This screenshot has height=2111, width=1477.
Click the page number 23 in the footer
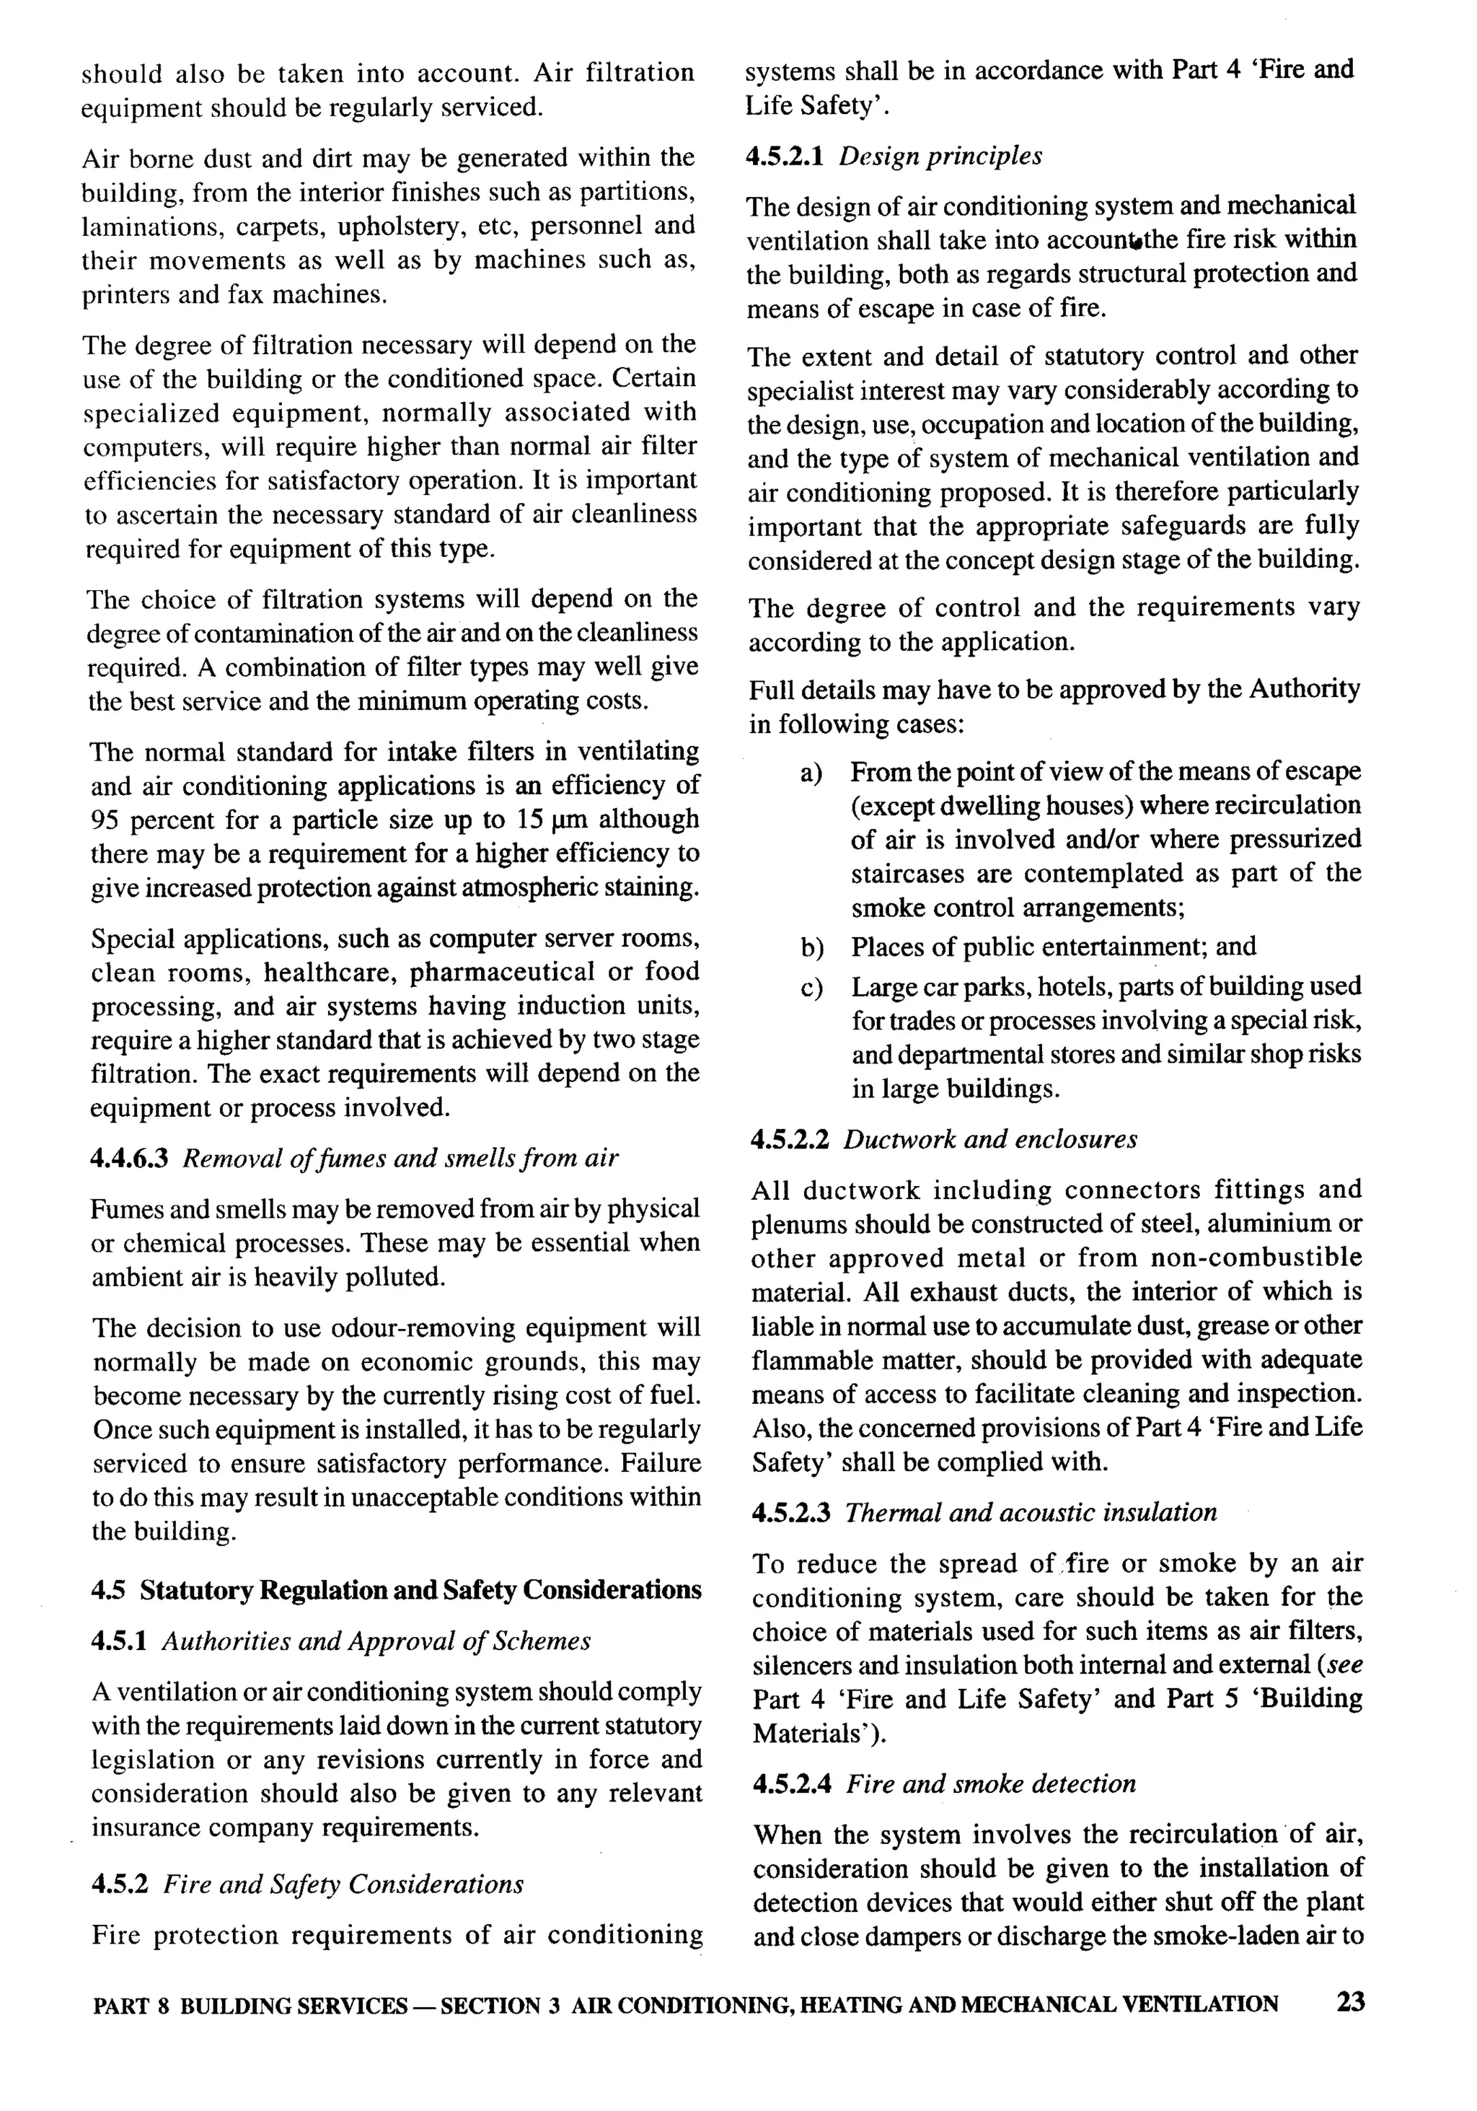(x=1350, y=2003)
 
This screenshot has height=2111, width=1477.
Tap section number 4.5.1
(x=120, y=1641)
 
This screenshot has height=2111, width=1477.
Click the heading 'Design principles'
(x=940, y=157)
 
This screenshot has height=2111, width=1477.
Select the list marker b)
(x=811, y=947)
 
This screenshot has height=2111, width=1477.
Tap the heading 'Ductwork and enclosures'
(x=990, y=1140)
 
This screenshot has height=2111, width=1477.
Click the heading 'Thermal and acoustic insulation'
(x=1031, y=1512)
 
